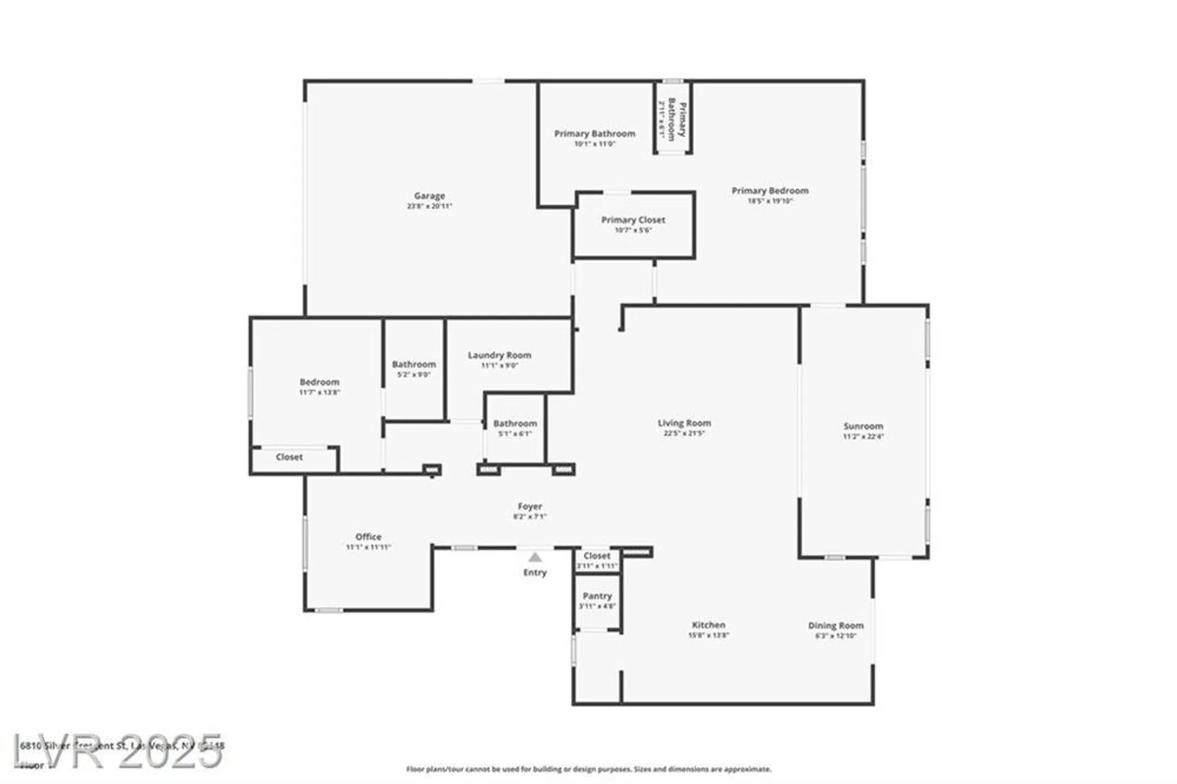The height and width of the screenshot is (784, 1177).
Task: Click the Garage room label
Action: (429, 196)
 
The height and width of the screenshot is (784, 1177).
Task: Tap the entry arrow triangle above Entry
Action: (534, 557)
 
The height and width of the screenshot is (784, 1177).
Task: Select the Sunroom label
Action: (863, 426)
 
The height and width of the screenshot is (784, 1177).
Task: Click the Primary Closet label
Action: (633, 220)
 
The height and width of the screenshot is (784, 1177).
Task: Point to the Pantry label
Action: (597, 596)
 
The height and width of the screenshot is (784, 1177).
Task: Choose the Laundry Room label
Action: (499, 356)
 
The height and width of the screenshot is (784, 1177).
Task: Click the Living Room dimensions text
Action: (684, 433)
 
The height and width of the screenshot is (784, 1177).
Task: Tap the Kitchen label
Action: (708, 625)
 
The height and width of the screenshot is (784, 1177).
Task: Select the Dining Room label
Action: (835, 626)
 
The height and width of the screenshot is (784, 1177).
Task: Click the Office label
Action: (368, 537)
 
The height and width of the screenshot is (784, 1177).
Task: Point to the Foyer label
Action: (530, 506)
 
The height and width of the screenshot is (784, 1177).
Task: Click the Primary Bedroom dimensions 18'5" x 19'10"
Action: (770, 201)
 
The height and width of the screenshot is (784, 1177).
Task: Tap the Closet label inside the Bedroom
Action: (289, 457)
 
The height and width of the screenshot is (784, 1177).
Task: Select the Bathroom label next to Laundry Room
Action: (414, 364)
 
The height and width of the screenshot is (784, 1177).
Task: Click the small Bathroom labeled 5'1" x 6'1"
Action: (515, 424)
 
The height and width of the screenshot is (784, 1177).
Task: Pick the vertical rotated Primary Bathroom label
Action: (677, 119)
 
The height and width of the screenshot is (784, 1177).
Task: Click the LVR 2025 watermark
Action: (118, 752)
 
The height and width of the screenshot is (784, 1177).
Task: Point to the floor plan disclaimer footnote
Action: (588, 769)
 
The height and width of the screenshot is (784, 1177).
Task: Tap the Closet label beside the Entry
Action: (597, 556)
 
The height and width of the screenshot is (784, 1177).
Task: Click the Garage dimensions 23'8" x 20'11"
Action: (429, 207)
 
